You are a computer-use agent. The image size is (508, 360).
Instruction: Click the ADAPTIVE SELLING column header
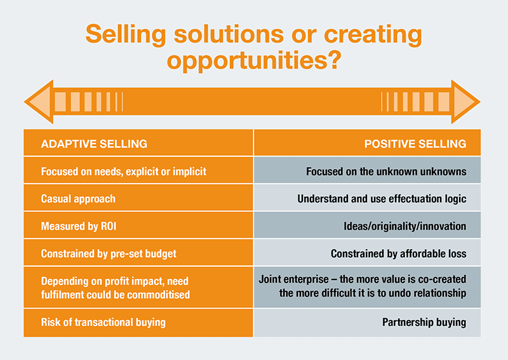tap(94, 144)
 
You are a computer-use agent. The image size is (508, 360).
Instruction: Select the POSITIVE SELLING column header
tap(415, 144)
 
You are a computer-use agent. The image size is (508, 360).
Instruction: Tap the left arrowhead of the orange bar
tap(39, 102)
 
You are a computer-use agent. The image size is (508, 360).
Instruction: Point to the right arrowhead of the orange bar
tap(465, 102)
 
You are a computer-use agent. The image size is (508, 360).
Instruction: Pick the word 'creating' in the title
tap(373, 35)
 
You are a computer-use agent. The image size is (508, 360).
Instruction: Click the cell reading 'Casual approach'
tap(138, 197)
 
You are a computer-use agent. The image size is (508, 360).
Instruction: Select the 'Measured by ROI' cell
tap(138, 225)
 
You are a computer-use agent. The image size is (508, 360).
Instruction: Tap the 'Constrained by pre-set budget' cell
tap(138, 253)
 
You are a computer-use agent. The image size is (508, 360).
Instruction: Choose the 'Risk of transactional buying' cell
tap(138, 323)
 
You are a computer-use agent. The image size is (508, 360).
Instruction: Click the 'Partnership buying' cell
tap(368, 323)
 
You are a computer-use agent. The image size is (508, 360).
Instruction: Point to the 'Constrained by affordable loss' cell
tap(368, 253)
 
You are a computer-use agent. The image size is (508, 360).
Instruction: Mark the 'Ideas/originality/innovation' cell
tap(368, 225)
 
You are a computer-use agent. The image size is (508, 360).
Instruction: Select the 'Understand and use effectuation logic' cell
tap(368, 197)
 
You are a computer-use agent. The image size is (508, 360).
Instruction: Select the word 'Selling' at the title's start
tap(126, 35)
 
